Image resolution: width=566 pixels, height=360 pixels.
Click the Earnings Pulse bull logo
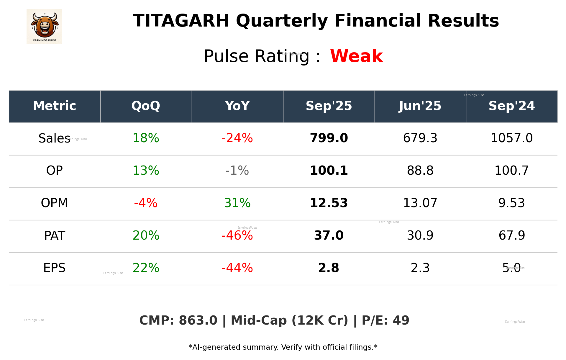pyautogui.click(x=44, y=26)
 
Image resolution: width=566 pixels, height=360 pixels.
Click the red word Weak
pyautogui.click(x=356, y=56)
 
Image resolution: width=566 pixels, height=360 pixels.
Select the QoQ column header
pyautogui.click(x=146, y=106)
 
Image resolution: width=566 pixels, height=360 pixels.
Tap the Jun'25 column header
pyautogui.click(x=420, y=106)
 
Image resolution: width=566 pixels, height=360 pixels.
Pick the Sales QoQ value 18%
pyautogui.click(x=146, y=138)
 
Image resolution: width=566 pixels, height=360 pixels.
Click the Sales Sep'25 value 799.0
pyautogui.click(x=329, y=138)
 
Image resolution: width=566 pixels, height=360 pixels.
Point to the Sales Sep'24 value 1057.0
pyautogui.click(x=511, y=138)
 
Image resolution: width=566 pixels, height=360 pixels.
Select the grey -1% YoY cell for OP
pyautogui.click(x=237, y=171)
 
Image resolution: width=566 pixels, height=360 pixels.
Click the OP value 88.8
pyautogui.click(x=420, y=171)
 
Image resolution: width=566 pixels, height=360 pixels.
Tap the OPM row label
pyautogui.click(x=54, y=203)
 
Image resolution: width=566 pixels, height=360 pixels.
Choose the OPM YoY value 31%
pyautogui.click(x=237, y=203)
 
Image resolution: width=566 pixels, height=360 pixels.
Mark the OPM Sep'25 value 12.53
pyautogui.click(x=329, y=203)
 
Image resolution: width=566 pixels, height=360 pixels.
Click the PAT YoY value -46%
pyautogui.click(x=237, y=235)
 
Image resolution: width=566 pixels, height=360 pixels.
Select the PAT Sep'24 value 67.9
pyautogui.click(x=511, y=235)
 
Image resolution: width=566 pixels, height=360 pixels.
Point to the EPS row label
pyautogui.click(x=54, y=268)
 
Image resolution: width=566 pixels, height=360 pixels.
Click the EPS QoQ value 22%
pyautogui.click(x=146, y=268)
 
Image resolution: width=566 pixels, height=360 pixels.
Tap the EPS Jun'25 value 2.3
pyautogui.click(x=420, y=268)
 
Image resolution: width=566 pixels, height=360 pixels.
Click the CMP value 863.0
pyautogui.click(x=198, y=320)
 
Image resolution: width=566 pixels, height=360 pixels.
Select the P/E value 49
pyautogui.click(x=401, y=320)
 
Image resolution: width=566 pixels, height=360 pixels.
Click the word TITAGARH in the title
pyautogui.click(x=181, y=21)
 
